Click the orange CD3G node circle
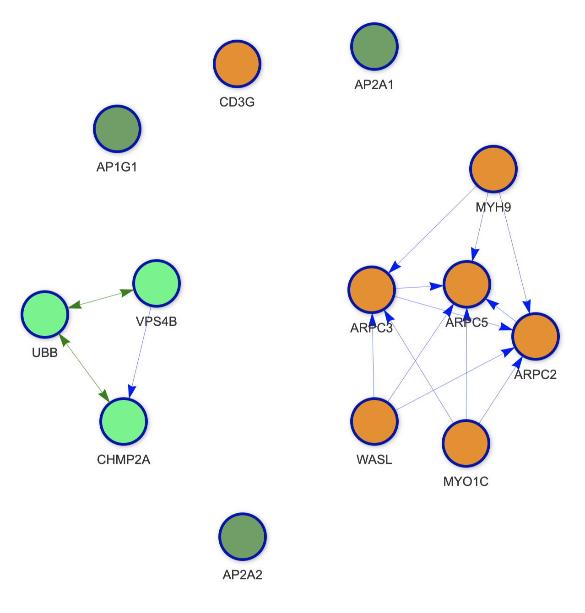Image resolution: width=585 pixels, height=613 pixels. tap(237, 64)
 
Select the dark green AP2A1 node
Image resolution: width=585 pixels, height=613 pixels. tap(374, 46)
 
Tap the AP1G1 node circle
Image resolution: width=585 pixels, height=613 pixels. tap(117, 129)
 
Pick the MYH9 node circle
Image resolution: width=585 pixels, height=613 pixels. tap(493, 168)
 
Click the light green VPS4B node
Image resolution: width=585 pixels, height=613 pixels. tap(157, 283)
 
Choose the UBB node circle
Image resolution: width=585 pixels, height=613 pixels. tap(45, 314)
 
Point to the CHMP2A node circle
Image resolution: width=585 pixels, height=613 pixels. tap(124, 421)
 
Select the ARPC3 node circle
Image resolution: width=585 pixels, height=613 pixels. tap(372, 289)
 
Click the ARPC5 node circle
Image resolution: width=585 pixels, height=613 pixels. tap(467, 284)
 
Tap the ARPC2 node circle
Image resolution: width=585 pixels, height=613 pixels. tap(536, 336)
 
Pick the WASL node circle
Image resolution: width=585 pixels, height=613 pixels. tap(374, 421)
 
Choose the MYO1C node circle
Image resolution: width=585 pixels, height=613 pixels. tap(466, 443)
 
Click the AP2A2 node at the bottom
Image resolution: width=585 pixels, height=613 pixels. tap(243, 536)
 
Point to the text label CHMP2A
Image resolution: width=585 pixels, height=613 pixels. tap(124, 459)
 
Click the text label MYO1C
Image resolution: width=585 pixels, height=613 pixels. tap(466, 481)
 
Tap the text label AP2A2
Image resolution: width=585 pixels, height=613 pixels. tap(243, 575)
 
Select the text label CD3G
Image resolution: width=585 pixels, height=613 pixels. tap(237, 102)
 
